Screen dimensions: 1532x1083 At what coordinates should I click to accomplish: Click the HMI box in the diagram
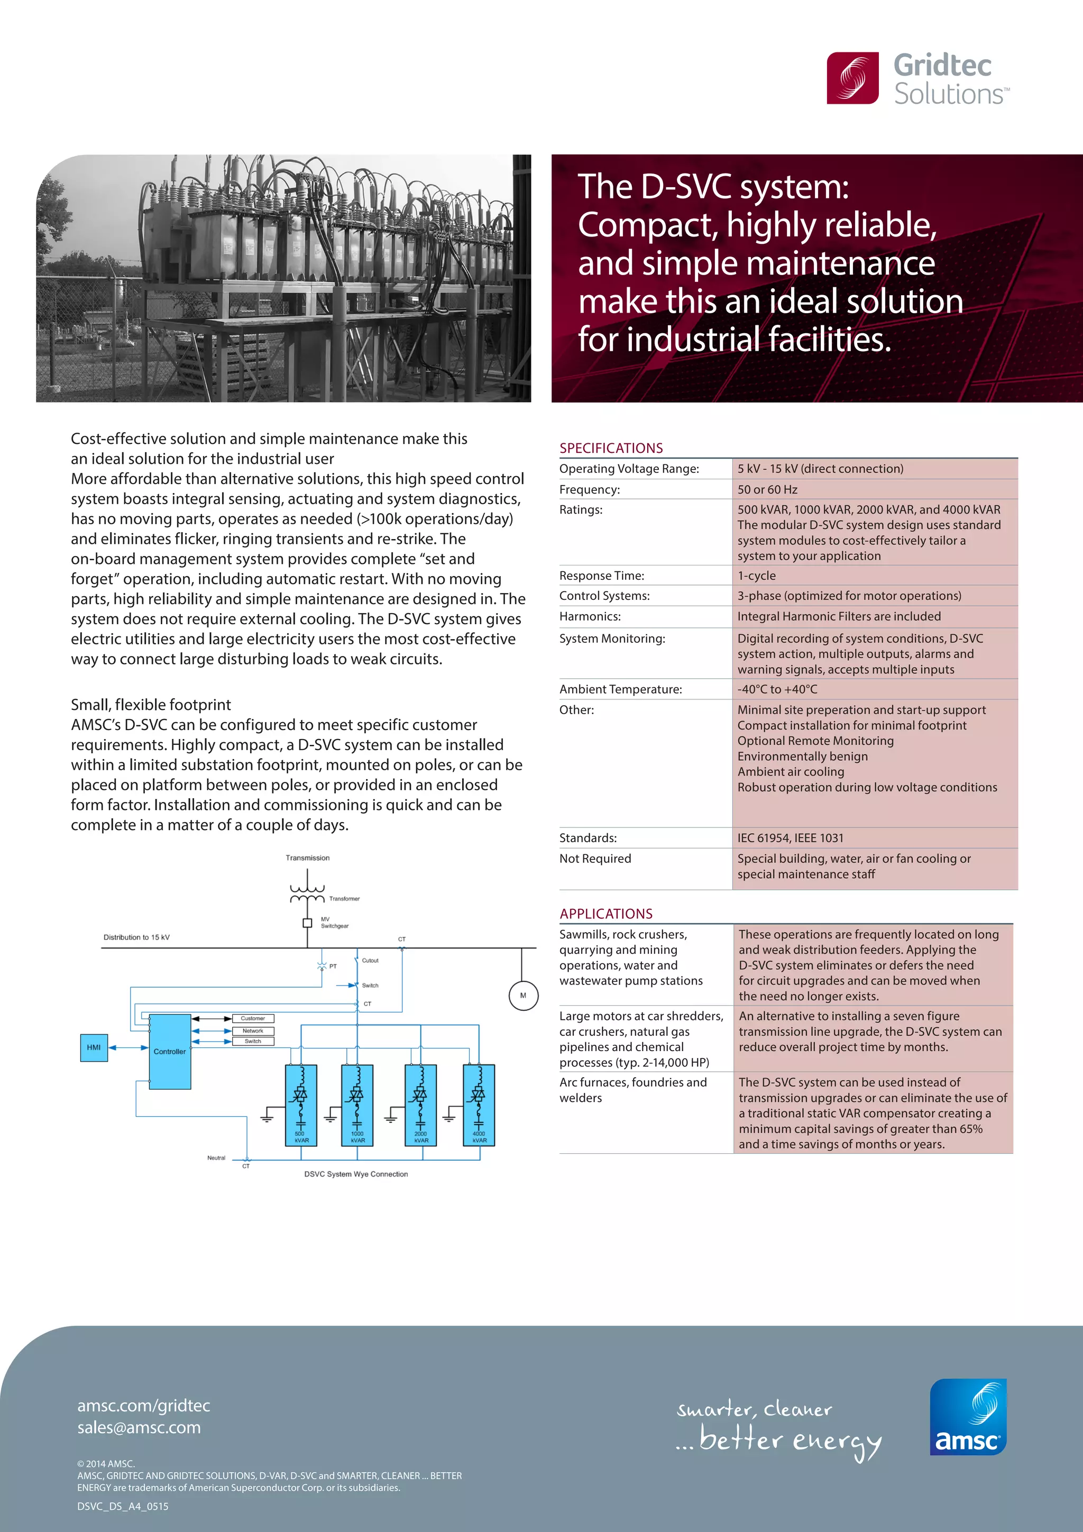point(94,1047)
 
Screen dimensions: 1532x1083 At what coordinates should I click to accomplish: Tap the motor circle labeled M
point(523,996)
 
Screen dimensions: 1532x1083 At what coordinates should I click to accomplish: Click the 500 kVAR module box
point(301,1105)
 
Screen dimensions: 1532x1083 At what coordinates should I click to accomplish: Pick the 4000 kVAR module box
point(479,1105)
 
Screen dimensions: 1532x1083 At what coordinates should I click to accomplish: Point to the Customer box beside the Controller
point(253,1018)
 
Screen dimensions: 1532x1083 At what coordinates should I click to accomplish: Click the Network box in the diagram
point(253,1031)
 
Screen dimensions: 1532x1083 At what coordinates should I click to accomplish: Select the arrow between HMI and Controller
point(128,1047)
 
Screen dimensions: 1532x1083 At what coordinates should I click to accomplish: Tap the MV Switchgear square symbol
point(307,923)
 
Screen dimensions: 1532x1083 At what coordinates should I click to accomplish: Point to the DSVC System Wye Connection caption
point(356,1174)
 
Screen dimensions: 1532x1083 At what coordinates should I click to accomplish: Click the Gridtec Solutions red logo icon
point(852,78)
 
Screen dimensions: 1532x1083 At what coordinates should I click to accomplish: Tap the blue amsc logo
point(968,1417)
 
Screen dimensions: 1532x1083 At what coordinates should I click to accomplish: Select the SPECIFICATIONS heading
point(611,448)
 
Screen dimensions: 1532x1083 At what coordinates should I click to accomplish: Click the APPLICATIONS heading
point(605,914)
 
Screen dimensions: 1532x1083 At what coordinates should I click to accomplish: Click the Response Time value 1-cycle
point(756,575)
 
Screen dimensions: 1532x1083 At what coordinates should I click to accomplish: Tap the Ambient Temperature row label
point(620,689)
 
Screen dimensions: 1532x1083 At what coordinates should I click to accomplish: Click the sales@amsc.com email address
point(139,1427)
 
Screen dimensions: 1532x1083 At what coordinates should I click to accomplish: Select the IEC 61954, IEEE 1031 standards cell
point(790,837)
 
